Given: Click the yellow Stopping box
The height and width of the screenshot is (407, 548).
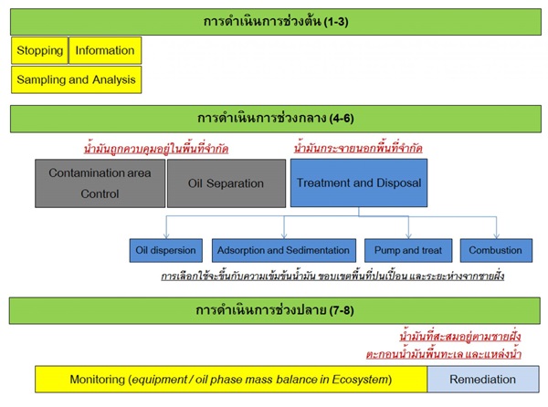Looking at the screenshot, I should click(39, 50).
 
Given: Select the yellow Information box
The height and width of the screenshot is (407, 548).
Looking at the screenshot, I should click(105, 50).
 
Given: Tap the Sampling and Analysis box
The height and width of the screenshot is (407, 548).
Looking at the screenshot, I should click(77, 79).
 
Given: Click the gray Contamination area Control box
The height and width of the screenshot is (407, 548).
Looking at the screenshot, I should click(100, 183).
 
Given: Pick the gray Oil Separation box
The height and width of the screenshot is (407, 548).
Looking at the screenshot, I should click(226, 183).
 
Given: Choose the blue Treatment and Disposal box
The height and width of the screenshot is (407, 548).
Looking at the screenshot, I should click(359, 183).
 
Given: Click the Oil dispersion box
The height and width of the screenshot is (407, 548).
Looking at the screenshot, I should click(165, 250).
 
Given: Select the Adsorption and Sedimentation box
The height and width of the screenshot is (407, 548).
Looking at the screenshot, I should click(283, 250).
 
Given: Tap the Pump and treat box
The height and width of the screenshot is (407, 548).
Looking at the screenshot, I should click(408, 250).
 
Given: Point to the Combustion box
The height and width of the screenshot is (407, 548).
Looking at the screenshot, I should click(495, 250).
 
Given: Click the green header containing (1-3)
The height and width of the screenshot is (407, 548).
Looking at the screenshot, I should click(274, 20).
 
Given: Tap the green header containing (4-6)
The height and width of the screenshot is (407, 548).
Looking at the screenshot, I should click(274, 119).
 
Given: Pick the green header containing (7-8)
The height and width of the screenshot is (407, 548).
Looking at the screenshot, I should click(274, 309).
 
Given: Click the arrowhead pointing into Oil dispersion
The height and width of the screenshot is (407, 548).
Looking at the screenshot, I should click(165, 235).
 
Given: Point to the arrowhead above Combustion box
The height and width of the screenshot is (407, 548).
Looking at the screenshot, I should click(495, 235).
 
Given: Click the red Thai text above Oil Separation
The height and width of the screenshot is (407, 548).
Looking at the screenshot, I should click(155, 148).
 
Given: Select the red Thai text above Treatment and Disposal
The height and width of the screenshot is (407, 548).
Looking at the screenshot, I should click(358, 148).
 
